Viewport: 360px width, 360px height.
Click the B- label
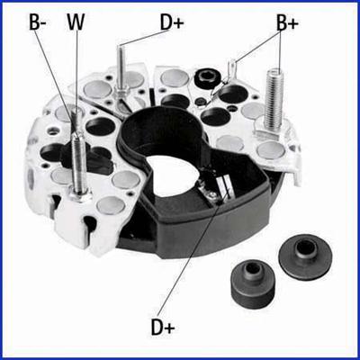tap(38, 21)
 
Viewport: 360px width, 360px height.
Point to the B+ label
tap(287, 22)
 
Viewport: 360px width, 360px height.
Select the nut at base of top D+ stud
tap(121, 90)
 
